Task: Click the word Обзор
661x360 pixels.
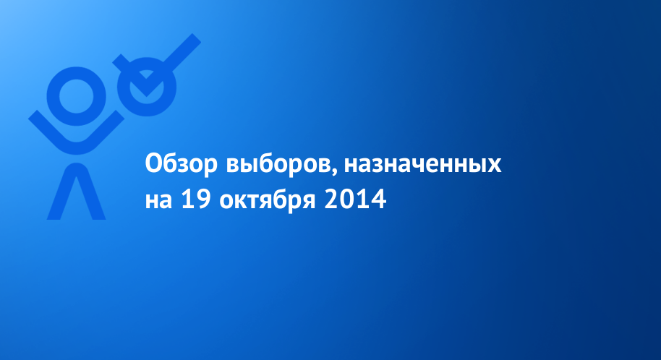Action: click(x=182, y=163)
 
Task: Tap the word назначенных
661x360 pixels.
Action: click(x=423, y=165)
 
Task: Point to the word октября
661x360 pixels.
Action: click(x=268, y=199)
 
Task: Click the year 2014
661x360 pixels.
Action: click(x=355, y=199)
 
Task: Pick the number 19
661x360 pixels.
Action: click(x=196, y=199)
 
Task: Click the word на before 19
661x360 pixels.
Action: click(x=158, y=201)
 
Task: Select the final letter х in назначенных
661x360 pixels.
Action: click(x=494, y=166)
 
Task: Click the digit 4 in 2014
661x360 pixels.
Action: click(x=378, y=200)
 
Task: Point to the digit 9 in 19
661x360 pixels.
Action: click(x=203, y=199)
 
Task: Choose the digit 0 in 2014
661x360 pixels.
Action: click(x=347, y=200)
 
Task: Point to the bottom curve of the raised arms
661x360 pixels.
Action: click(x=77, y=149)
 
